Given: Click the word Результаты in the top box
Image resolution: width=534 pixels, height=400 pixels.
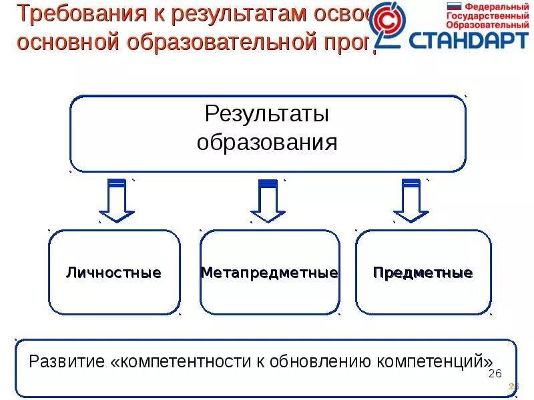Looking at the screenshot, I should tap(266, 114).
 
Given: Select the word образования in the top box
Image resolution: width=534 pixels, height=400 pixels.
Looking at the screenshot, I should tap(266, 143).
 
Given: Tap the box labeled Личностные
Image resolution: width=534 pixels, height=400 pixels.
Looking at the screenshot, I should tap(113, 273).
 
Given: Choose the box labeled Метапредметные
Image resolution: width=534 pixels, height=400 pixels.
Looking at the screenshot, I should tap(269, 273).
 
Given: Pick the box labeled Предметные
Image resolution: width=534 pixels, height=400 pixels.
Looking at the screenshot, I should tap(423, 273).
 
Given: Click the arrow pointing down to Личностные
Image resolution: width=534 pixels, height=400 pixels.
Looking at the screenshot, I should tap(117, 200).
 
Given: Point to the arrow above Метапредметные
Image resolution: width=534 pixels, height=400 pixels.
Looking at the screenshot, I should tap(268, 200).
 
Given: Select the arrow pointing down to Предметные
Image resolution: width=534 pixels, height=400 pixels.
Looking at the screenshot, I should tap(411, 200).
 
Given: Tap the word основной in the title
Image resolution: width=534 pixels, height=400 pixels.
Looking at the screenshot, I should tap(57, 42).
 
